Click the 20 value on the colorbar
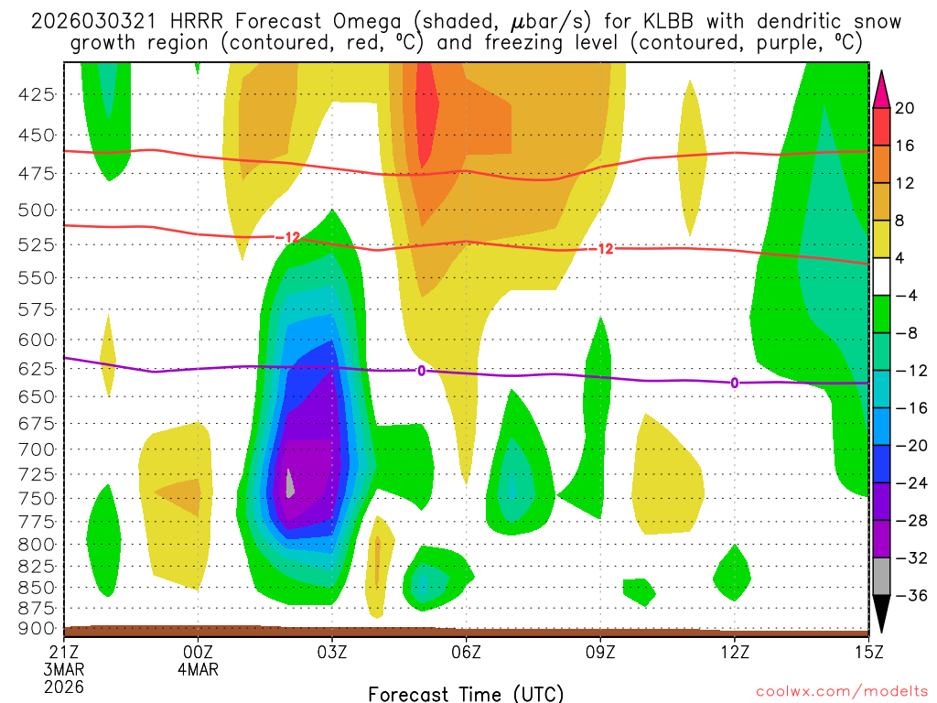click(x=905, y=108)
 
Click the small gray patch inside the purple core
click(x=290, y=482)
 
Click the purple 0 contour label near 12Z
click(x=734, y=383)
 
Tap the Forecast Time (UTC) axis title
click(x=467, y=693)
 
